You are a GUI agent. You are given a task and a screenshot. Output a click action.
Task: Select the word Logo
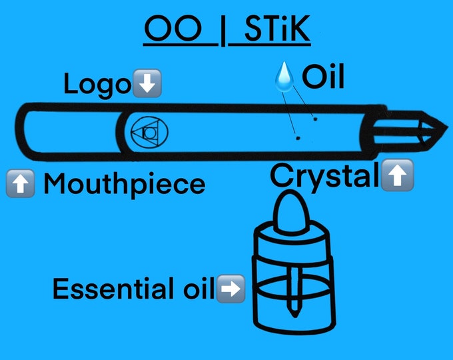coord(97,85)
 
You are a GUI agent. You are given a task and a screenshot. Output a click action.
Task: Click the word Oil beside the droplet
coord(323,77)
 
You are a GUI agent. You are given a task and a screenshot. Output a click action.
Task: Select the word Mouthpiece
coord(123,183)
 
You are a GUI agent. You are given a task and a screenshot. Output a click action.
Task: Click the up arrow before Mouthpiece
coord(20,183)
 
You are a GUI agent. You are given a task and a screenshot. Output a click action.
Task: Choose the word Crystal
coord(324,175)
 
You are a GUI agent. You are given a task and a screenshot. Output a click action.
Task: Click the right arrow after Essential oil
coord(230,289)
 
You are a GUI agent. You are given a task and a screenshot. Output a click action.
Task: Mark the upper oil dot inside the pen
coord(315,119)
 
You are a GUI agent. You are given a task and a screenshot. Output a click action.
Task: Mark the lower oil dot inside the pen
coord(298,138)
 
